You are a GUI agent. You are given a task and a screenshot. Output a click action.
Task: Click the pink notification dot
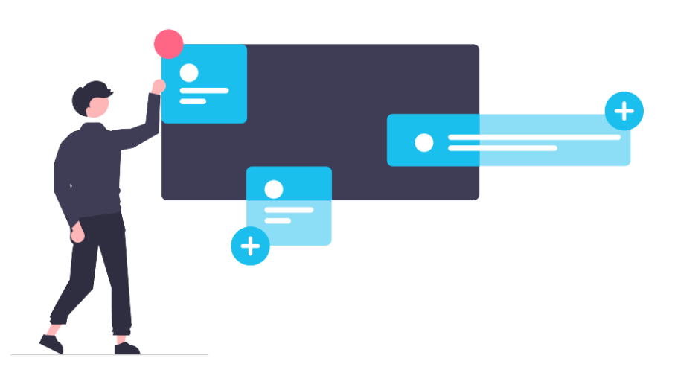(x=168, y=44)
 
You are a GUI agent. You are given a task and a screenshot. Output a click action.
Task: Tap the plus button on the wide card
(x=624, y=112)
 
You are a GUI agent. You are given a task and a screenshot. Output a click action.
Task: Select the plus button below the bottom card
(x=250, y=246)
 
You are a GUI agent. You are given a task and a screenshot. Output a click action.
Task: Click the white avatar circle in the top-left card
(x=189, y=72)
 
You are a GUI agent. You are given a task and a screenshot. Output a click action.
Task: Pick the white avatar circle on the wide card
(x=423, y=142)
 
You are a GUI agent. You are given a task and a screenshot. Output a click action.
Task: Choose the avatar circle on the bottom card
(x=274, y=189)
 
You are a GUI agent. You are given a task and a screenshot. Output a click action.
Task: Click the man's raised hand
(x=158, y=86)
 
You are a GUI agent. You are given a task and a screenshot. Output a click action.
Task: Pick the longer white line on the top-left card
(x=204, y=91)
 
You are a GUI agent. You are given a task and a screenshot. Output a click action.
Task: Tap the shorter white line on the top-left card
(x=193, y=101)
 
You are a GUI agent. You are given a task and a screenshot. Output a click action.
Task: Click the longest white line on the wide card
(x=534, y=137)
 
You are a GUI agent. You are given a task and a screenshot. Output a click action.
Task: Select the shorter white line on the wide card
(x=502, y=148)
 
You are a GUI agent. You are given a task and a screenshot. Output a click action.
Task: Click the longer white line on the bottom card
(x=289, y=210)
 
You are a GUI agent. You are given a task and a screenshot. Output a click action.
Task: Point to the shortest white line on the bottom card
(x=278, y=220)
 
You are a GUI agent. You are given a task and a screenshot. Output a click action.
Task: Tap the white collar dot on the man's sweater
(x=71, y=185)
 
